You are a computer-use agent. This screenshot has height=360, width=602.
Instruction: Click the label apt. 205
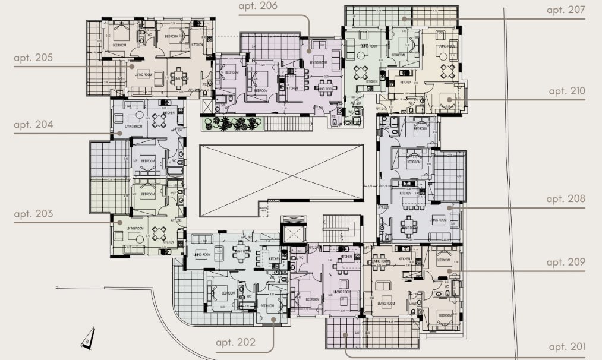(x=33, y=58)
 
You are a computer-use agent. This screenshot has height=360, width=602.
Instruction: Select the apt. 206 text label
(x=258, y=7)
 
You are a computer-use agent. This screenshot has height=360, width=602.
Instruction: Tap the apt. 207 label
(x=566, y=10)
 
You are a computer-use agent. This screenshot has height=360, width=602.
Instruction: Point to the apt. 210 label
(x=566, y=91)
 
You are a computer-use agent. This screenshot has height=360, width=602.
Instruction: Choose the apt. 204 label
(x=33, y=125)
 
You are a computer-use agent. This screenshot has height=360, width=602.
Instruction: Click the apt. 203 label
(x=33, y=214)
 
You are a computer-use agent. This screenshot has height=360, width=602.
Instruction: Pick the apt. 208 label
(x=566, y=199)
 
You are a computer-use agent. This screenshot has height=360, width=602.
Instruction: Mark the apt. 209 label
(x=566, y=262)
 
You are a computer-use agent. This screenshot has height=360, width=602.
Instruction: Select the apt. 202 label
(x=236, y=342)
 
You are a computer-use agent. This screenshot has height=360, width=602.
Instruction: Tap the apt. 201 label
(x=566, y=347)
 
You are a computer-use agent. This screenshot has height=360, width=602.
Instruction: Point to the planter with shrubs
(x=232, y=124)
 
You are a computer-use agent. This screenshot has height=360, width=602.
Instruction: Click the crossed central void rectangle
(x=281, y=172)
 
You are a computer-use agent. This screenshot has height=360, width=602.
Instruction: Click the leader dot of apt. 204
(x=119, y=134)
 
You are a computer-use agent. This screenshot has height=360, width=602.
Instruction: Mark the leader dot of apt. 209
(x=450, y=272)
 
